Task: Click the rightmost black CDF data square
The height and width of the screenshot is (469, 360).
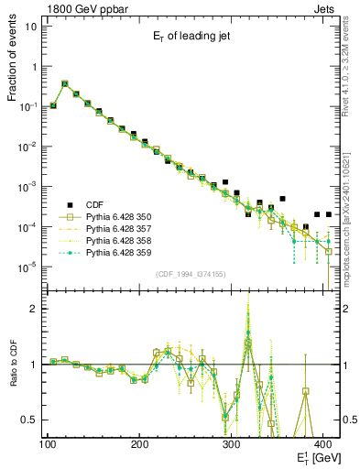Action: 328,214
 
